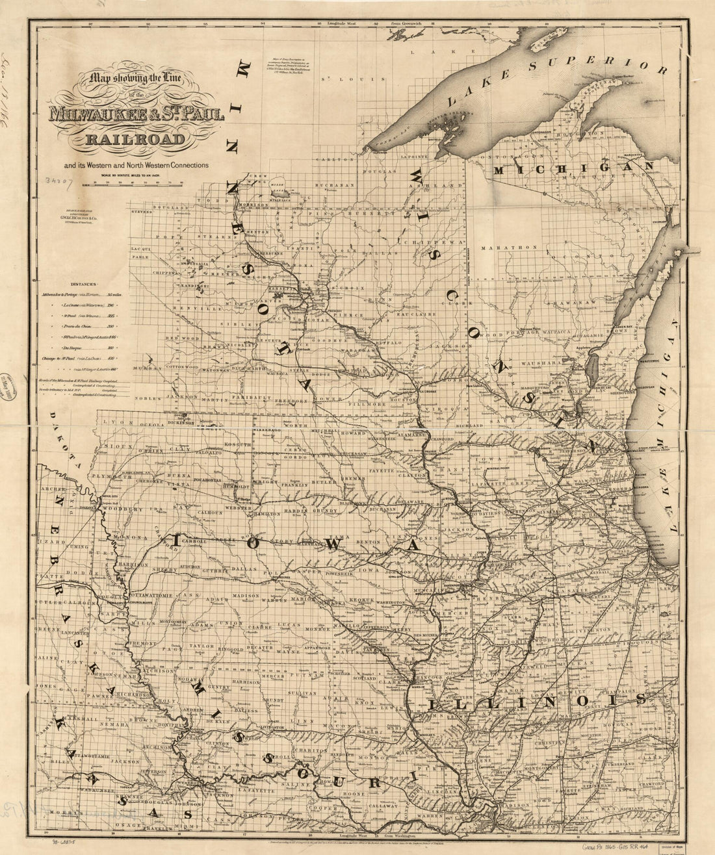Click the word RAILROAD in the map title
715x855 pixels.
136,138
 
